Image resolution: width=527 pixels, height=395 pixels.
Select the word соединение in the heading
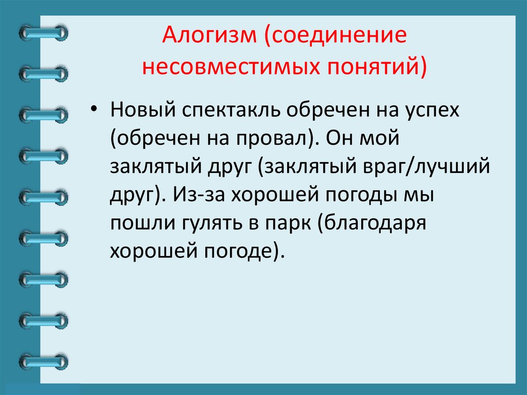coord(334,39)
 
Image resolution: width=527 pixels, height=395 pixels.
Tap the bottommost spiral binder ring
coord(43,361)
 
